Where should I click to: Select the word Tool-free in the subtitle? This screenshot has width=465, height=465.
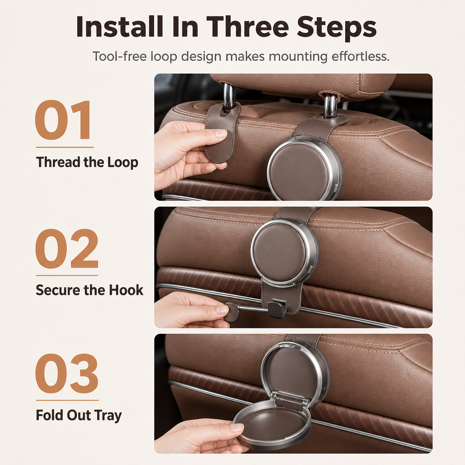[x=119, y=56]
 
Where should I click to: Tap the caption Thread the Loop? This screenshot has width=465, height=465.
[x=87, y=163]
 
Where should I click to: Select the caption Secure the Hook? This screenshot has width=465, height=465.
[x=89, y=290]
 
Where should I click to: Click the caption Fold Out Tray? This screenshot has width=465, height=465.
[x=79, y=415]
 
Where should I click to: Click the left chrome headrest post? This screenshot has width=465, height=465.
[x=229, y=97]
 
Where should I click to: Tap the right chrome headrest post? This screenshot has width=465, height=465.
[x=330, y=105]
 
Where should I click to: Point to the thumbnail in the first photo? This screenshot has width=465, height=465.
[x=221, y=134]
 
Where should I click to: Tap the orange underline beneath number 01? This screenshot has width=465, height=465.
[x=64, y=147]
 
